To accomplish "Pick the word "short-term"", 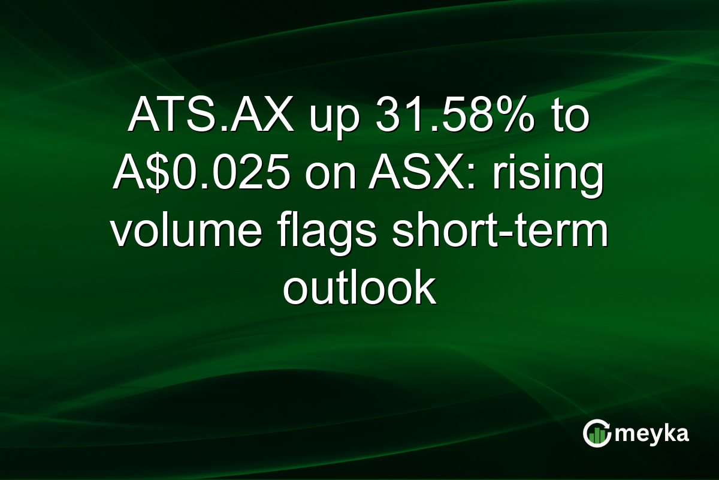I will (x=499, y=235).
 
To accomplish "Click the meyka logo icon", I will (x=597, y=433).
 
